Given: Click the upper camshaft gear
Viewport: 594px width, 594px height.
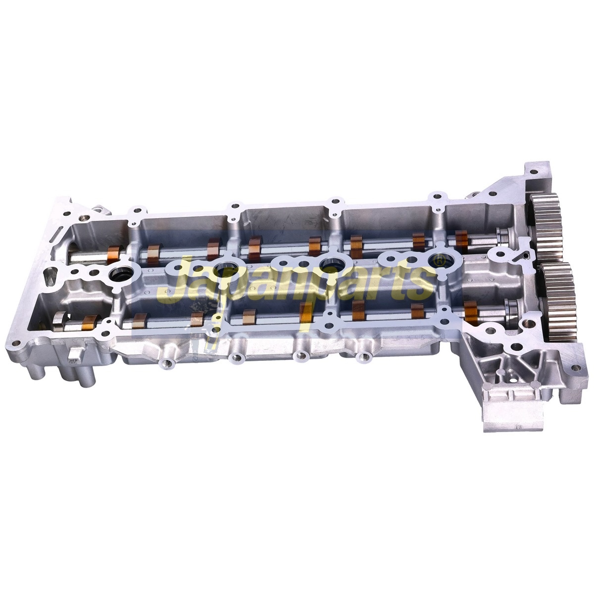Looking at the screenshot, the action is (x=545, y=226).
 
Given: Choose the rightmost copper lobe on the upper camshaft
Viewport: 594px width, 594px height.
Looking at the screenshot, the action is (x=461, y=242).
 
